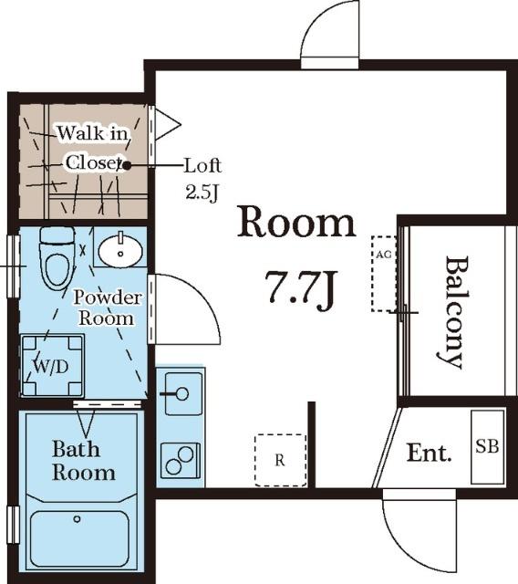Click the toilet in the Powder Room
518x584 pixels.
57,258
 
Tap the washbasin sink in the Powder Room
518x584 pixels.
120,251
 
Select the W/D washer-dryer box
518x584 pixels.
53,366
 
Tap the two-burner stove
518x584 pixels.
180,461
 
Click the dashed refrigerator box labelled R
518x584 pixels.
280,460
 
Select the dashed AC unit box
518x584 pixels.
384,274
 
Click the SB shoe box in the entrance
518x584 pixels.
488,447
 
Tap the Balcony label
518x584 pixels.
453,312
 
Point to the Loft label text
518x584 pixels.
203,166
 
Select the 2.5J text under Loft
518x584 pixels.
202,193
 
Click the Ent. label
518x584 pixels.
429,453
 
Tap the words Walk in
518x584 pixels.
92,133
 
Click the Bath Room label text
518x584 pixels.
83,460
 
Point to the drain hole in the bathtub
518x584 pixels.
77,519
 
